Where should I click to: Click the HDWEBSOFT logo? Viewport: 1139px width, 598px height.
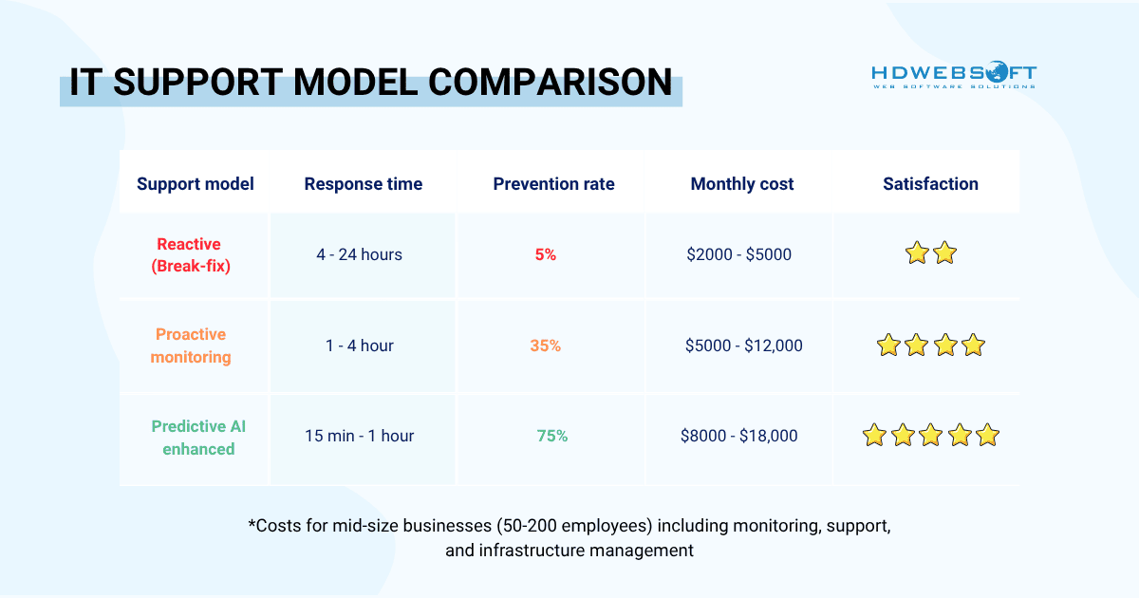954,76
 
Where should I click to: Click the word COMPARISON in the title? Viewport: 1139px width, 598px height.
551,82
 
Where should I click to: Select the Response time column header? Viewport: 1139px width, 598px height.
363,184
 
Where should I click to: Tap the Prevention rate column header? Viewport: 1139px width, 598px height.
553,184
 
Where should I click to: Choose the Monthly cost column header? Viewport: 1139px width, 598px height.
742,184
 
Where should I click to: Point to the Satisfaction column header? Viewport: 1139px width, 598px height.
930,184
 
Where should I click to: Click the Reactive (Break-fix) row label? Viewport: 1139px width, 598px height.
189,254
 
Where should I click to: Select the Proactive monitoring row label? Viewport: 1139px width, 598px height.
190,346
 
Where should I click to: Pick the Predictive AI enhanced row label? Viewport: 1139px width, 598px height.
197,437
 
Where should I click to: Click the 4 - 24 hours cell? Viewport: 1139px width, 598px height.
359,254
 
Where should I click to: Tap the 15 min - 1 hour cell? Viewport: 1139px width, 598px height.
359,436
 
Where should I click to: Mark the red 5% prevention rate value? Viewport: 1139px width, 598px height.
545,254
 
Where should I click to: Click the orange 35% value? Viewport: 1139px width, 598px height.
545,346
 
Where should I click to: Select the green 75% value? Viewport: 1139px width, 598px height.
551,436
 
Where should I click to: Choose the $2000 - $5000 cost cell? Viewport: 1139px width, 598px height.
738,254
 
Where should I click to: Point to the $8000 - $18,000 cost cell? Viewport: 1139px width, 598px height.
738,436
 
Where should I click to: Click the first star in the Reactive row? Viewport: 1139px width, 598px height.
916,253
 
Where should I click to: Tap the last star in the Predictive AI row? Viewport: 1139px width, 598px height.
987,436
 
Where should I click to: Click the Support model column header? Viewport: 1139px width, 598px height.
196,184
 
